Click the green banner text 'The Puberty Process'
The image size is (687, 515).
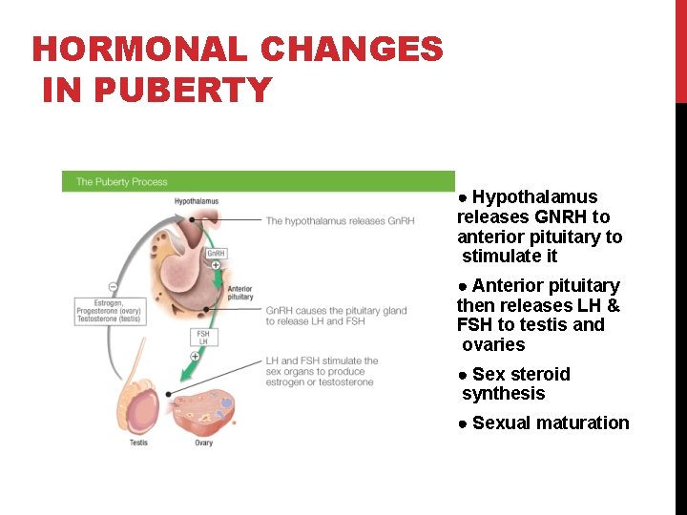point(121,181)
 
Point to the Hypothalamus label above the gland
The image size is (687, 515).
point(196,201)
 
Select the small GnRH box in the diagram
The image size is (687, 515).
point(216,254)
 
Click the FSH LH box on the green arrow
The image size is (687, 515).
point(203,337)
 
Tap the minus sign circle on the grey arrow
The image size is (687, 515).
point(113,287)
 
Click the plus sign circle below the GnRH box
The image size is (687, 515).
point(217,265)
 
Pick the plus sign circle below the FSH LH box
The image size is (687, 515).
point(195,356)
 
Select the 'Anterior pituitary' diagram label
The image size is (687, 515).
point(239,293)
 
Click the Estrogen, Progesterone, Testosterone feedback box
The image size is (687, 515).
point(109,310)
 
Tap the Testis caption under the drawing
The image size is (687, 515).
point(138,443)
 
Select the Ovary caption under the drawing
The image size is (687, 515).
point(203,443)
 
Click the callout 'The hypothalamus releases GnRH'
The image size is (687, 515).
point(340,221)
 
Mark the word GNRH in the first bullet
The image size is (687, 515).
point(561,217)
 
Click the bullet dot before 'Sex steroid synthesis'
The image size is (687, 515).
point(463,375)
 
